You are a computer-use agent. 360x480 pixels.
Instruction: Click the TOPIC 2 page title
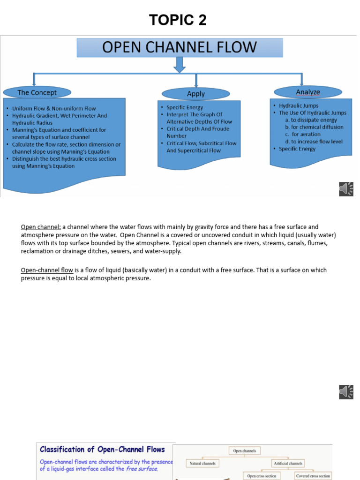coord(178,20)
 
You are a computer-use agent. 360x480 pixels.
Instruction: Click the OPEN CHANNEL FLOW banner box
coord(180,48)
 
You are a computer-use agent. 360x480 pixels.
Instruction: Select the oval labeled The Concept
coord(37,92)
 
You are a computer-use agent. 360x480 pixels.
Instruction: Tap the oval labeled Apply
coord(195,93)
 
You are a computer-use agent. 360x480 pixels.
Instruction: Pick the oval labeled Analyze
coord(307,92)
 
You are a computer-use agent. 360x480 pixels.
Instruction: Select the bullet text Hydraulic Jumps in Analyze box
coord(299,105)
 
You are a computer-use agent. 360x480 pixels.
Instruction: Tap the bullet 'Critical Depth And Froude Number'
coord(198,132)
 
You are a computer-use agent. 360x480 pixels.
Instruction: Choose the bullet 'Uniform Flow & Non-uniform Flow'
coord(54,108)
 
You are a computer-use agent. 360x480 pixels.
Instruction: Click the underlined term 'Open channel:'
coord(41,227)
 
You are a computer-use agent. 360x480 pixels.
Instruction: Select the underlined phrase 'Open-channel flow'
coord(47,270)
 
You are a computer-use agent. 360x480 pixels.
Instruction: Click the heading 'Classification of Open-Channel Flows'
coord(102,450)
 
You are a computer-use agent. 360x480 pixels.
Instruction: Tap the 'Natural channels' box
coord(202,464)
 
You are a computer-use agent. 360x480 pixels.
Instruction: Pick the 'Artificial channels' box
coord(288,464)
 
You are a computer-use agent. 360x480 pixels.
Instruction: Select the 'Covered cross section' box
coord(313,476)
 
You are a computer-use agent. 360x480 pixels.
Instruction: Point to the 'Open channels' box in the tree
coord(245,451)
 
